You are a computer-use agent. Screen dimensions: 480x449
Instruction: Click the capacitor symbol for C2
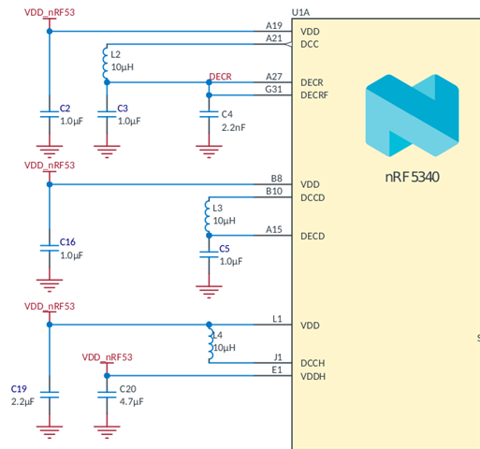[x=50, y=114]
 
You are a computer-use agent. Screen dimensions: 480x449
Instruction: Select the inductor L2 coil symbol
[x=105, y=64]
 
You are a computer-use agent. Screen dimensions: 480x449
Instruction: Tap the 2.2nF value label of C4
[x=233, y=127]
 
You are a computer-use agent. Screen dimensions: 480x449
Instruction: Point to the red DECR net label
[x=220, y=77]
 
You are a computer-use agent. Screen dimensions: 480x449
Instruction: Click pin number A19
[x=274, y=25]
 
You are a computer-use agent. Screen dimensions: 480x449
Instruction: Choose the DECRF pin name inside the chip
[x=314, y=95]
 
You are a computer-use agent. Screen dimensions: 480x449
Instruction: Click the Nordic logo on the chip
[x=412, y=115]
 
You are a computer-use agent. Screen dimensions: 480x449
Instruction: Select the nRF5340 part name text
[x=412, y=177]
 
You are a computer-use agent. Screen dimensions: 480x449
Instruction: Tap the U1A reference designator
[x=300, y=12]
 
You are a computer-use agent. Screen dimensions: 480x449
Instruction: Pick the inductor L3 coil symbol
[x=207, y=217]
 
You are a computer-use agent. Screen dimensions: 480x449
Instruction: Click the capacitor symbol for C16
[x=50, y=248]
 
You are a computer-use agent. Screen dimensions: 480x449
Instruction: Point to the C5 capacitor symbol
[x=209, y=254]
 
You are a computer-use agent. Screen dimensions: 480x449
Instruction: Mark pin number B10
[x=274, y=191]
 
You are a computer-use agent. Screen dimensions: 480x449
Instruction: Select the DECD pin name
[x=313, y=237]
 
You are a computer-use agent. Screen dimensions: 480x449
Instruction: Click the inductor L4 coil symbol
[x=211, y=344]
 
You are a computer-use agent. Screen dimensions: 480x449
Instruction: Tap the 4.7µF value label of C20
[x=131, y=401]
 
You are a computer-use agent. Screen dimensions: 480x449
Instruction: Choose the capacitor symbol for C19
[x=50, y=395]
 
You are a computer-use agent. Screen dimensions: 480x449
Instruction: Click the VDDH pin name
[x=313, y=377]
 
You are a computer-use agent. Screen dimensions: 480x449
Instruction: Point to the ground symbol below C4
[x=209, y=152]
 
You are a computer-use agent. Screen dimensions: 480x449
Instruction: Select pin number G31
[x=273, y=90]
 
